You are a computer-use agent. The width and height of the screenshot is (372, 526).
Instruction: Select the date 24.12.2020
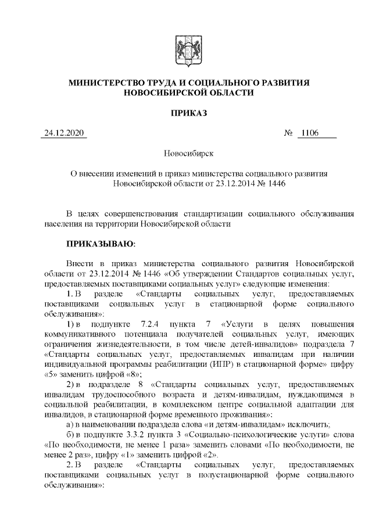click(x=65, y=134)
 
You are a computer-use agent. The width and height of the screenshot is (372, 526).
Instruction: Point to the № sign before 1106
click(x=287, y=134)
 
